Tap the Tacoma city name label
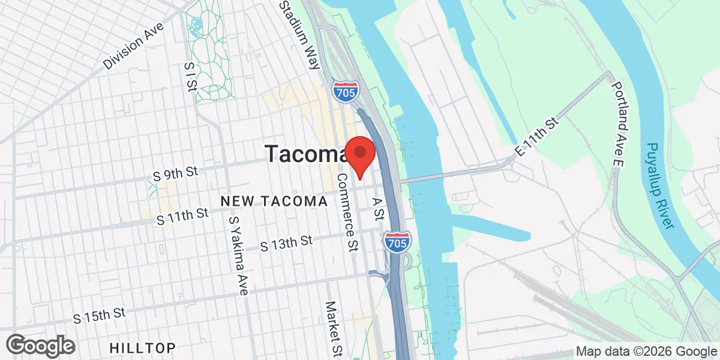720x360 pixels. coord(305,154)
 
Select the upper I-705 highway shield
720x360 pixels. coord(346,91)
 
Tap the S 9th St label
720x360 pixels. coord(175,174)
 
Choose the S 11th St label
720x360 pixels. coord(182,215)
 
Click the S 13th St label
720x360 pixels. coord(287,243)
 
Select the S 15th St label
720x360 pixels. coord(99,314)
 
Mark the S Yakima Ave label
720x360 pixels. coord(238,256)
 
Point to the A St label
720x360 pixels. coord(378,209)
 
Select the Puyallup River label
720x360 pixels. coord(660,185)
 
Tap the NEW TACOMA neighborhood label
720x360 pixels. coord(274,202)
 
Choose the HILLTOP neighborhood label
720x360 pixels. coord(143,347)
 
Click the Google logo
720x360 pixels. coord(40,345)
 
